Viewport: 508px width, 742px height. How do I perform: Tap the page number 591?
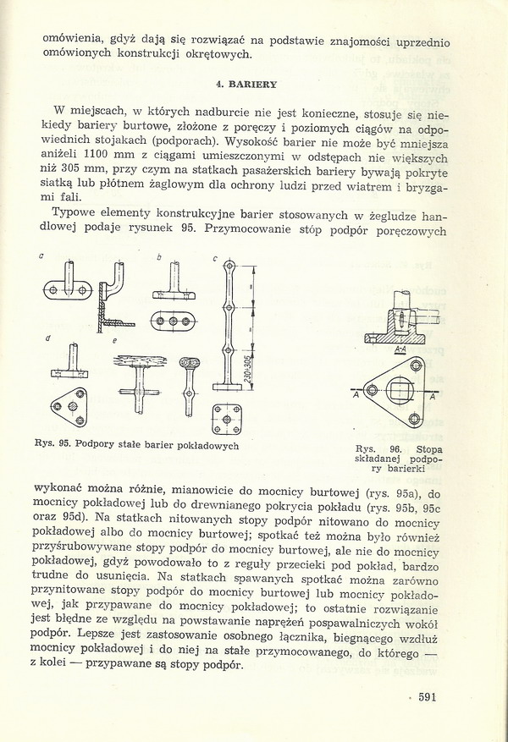pyautogui.click(x=444, y=697)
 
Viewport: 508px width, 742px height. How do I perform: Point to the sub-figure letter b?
pyautogui.click(x=158, y=256)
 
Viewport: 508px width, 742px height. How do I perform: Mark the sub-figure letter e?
pyautogui.click(x=116, y=339)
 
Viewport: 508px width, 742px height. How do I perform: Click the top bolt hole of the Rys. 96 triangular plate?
pyautogui.click(x=417, y=366)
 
